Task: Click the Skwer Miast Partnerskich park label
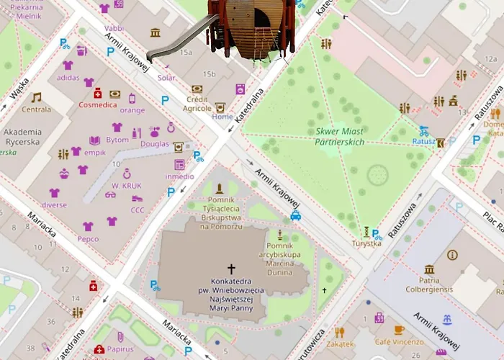click(340, 137)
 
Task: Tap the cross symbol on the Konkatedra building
click(231, 268)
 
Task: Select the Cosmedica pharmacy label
click(97, 104)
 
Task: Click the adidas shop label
click(68, 77)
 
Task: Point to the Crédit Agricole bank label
click(197, 104)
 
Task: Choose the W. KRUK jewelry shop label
click(126, 186)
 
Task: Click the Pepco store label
click(88, 238)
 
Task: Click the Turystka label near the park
click(366, 243)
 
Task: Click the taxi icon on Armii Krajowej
click(295, 215)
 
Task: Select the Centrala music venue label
click(36, 109)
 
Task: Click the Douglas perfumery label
click(154, 143)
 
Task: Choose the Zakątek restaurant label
click(340, 344)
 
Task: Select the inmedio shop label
click(179, 176)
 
